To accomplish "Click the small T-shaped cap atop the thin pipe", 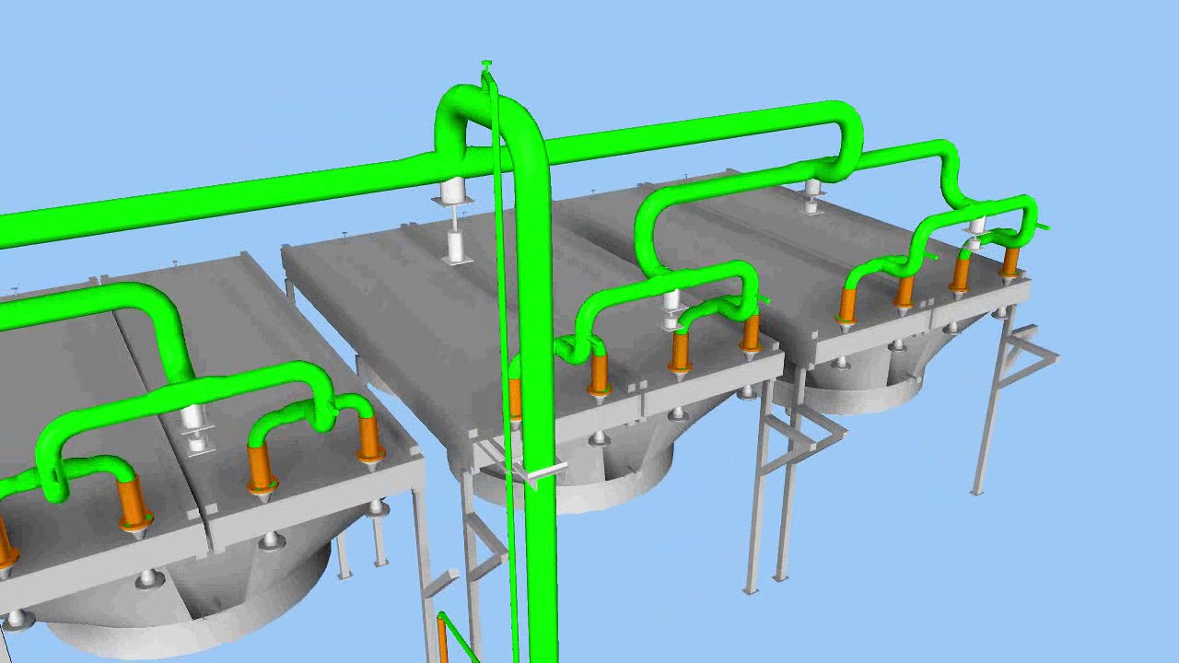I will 486,64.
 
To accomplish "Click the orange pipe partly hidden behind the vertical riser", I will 514,396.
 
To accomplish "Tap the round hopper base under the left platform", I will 184,608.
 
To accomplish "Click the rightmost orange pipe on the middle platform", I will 751,331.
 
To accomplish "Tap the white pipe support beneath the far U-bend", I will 811,194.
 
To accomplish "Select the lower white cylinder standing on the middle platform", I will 455,247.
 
